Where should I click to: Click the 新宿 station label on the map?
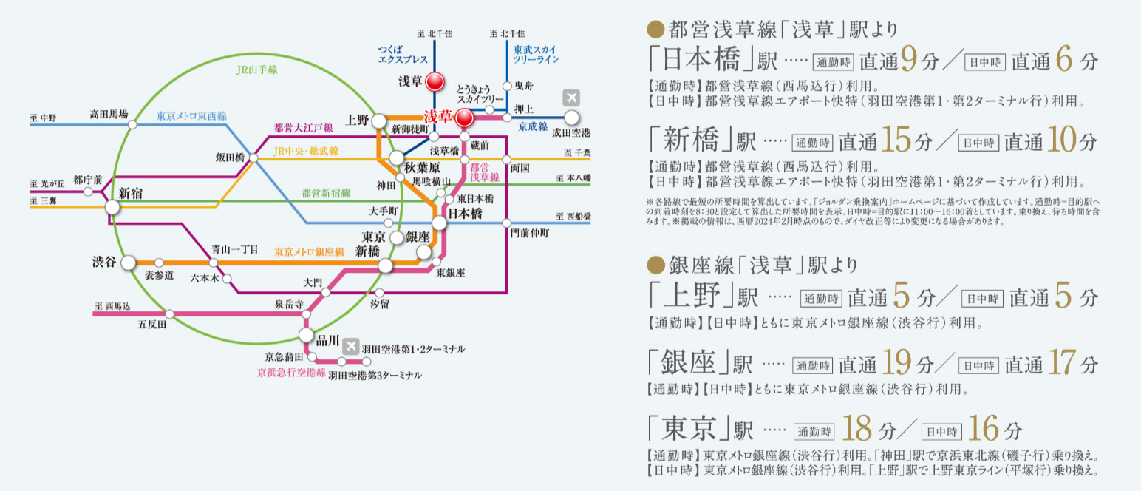click(x=131, y=193)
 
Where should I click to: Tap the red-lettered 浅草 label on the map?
click(x=437, y=117)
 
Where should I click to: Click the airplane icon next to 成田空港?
click(x=571, y=98)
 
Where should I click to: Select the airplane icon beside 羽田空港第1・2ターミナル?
click(x=350, y=346)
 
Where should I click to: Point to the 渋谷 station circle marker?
click(x=129, y=263)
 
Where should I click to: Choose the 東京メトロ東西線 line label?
click(x=191, y=116)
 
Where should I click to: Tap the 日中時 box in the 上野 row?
click(x=982, y=299)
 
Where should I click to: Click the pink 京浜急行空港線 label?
click(x=291, y=373)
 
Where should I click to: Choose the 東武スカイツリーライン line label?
click(x=536, y=53)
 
